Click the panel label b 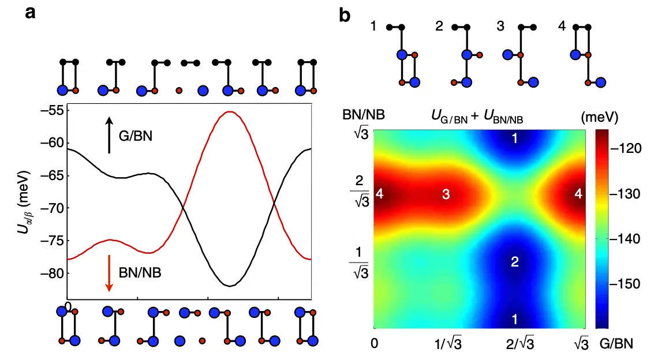point(345,13)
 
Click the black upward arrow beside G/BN point(109,135)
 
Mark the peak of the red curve point(230,112)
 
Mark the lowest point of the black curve point(230,286)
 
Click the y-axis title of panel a point(21,204)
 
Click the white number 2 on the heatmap point(515,262)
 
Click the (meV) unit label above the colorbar point(599,118)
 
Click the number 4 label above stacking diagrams point(571,27)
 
